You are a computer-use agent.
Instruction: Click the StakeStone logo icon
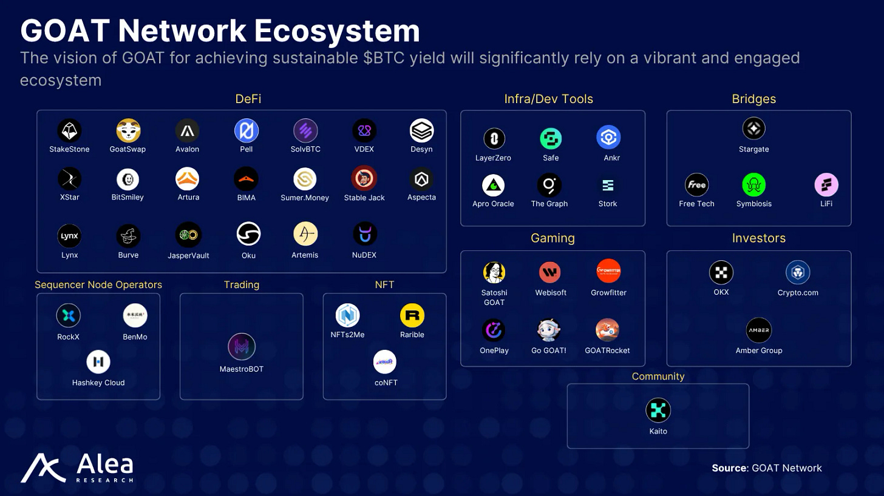69,130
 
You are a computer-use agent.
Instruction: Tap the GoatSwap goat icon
128,130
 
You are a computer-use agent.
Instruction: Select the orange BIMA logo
246,179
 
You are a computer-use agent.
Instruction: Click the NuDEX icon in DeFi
364,234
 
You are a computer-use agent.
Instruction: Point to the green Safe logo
551,139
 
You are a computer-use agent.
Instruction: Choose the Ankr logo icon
608,138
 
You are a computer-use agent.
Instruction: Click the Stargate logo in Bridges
753,129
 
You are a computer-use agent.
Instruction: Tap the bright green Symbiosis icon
753,185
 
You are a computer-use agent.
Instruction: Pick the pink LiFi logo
826,185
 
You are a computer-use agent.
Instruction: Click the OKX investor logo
721,273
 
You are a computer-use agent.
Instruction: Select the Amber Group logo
758,330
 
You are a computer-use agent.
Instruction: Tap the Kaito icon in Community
658,411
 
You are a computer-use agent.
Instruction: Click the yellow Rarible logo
412,315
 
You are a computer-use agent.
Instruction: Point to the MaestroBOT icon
241,347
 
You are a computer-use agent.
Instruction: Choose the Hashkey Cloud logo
98,362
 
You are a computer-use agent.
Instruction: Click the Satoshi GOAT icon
494,273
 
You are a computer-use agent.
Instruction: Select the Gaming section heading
552,238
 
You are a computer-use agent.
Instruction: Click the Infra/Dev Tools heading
548,99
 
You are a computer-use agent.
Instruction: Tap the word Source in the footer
729,468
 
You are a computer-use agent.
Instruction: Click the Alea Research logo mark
43,468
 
